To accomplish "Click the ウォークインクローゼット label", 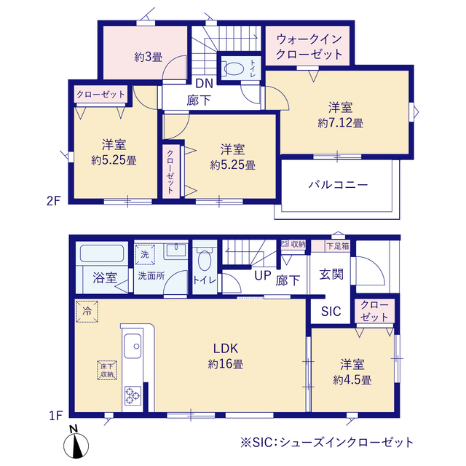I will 309,46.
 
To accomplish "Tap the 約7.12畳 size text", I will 340,123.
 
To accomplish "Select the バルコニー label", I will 337,184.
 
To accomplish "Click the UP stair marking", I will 262,275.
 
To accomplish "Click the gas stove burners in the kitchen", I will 134,395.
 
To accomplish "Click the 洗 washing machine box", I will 143,255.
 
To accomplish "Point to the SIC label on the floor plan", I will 331,311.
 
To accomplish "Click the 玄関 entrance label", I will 331,275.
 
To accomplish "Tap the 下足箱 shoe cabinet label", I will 337,246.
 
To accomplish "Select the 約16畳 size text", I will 228,363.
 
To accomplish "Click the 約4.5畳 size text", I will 353,379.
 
